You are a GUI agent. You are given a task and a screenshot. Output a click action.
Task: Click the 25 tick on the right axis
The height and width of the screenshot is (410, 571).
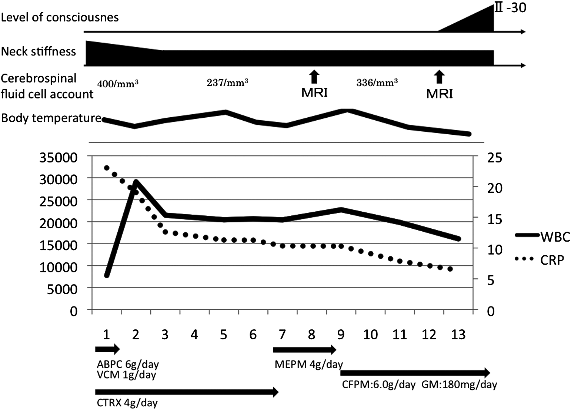coord(485,157)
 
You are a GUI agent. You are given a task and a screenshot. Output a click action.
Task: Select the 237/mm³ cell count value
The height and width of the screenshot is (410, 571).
coord(227,82)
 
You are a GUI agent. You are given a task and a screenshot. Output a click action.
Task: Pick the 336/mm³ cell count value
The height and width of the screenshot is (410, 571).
coord(377,82)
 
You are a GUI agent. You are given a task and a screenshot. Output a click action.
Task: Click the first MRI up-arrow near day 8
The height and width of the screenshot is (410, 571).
coord(314,77)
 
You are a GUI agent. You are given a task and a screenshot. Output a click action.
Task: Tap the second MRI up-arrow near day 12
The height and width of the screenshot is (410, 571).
coord(439,77)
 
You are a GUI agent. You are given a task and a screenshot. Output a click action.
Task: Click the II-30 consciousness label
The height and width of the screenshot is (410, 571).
coord(510,7)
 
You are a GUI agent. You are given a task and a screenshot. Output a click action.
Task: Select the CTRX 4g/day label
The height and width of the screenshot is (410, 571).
coord(127,402)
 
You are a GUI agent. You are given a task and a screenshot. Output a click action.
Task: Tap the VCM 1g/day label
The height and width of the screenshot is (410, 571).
coord(126,374)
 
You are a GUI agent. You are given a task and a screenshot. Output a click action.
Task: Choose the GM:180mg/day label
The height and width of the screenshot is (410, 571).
coord(459,384)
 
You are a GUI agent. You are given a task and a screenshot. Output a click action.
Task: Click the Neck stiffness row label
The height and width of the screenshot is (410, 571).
coord(39,51)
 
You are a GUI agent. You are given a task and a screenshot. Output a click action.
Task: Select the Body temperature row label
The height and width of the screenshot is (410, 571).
coord(51,118)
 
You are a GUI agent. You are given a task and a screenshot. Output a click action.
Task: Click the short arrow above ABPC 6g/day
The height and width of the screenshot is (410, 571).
coord(107,349)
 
